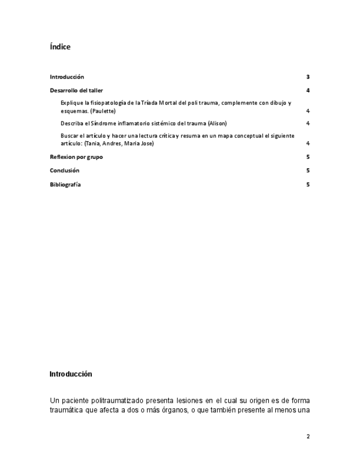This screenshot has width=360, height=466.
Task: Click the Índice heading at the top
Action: pyautogui.click(x=60, y=47)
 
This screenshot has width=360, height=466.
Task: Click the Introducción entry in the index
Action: pyautogui.click(x=67, y=77)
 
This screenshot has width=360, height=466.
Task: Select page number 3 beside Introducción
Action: pyautogui.click(x=308, y=77)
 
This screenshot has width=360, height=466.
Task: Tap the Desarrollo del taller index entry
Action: pyautogui.click(x=76, y=91)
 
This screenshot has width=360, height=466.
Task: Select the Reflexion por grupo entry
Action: pyautogui.click(x=76, y=157)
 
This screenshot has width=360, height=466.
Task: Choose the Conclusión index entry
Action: pyautogui.click(x=64, y=170)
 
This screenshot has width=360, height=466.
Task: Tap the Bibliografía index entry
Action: pyautogui.click(x=65, y=185)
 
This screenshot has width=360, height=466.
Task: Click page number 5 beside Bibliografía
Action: pyautogui.click(x=308, y=185)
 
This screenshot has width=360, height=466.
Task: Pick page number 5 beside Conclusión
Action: pyautogui.click(x=308, y=170)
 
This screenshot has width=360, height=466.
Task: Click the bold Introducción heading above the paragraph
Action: pyautogui.click(x=70, y=374)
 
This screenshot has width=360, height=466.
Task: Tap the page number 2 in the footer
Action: pyautogui.click(x=308, y=436)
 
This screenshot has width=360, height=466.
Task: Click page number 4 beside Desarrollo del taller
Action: pyautogui.click(x=308, y=91)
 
